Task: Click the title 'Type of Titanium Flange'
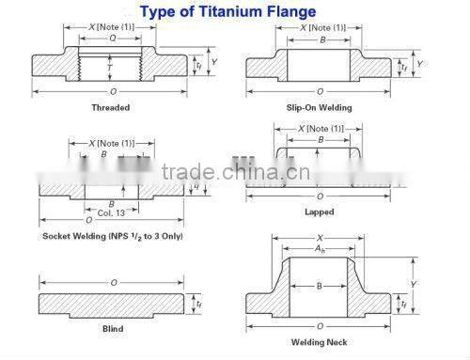[x=235, y=12]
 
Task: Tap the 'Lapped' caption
[x=321, y=212]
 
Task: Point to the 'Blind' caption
[x=112, y=329]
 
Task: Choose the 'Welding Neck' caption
[x=320, y=341]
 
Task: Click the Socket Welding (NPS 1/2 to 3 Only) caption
[x=112, y=235]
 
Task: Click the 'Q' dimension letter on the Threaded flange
[x=112, y=40]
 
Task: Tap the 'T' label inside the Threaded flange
[x=111, y=68]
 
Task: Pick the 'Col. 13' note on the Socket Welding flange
[x=112, y=211]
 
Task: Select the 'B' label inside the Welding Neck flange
[x=320, y=285]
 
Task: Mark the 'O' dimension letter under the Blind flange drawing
[x=112, y=282]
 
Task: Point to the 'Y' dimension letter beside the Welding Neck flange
[x=415, y=283]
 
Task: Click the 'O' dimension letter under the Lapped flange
[x=320, y=196]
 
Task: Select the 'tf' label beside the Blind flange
[x=197, y=304]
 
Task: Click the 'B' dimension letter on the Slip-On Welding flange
[x=320, y=40]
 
